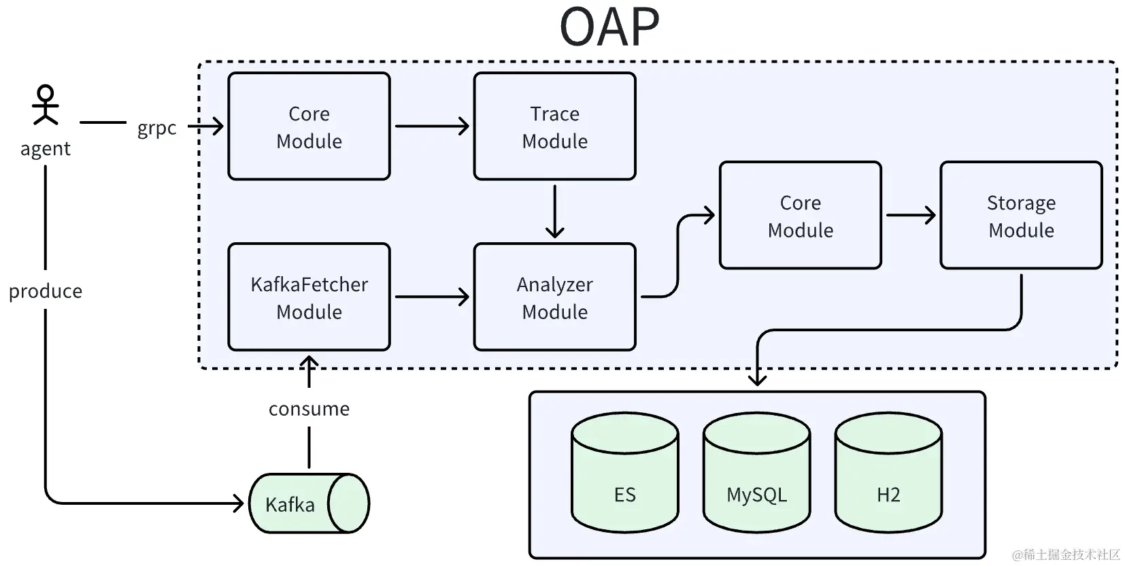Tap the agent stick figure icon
point(46,105)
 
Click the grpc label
point(156,128)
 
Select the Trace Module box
point(554,126)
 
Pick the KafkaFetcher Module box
point(309,297)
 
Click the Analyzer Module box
point(554,297)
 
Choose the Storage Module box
point(1021,215)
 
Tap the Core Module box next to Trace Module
point(309,126)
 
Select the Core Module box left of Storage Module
point(800,215)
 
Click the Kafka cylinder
point(309,503)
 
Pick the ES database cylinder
point(625,472)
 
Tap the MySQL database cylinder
point(756,472)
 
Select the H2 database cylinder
point(888,472)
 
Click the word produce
point(45,291)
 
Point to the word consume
point(309,409)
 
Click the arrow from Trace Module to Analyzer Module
point(554,212)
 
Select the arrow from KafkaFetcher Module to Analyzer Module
point(432,297)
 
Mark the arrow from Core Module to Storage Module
point(911,215)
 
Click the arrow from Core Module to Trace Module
point(432,126)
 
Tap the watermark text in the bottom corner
point(1066,554)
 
